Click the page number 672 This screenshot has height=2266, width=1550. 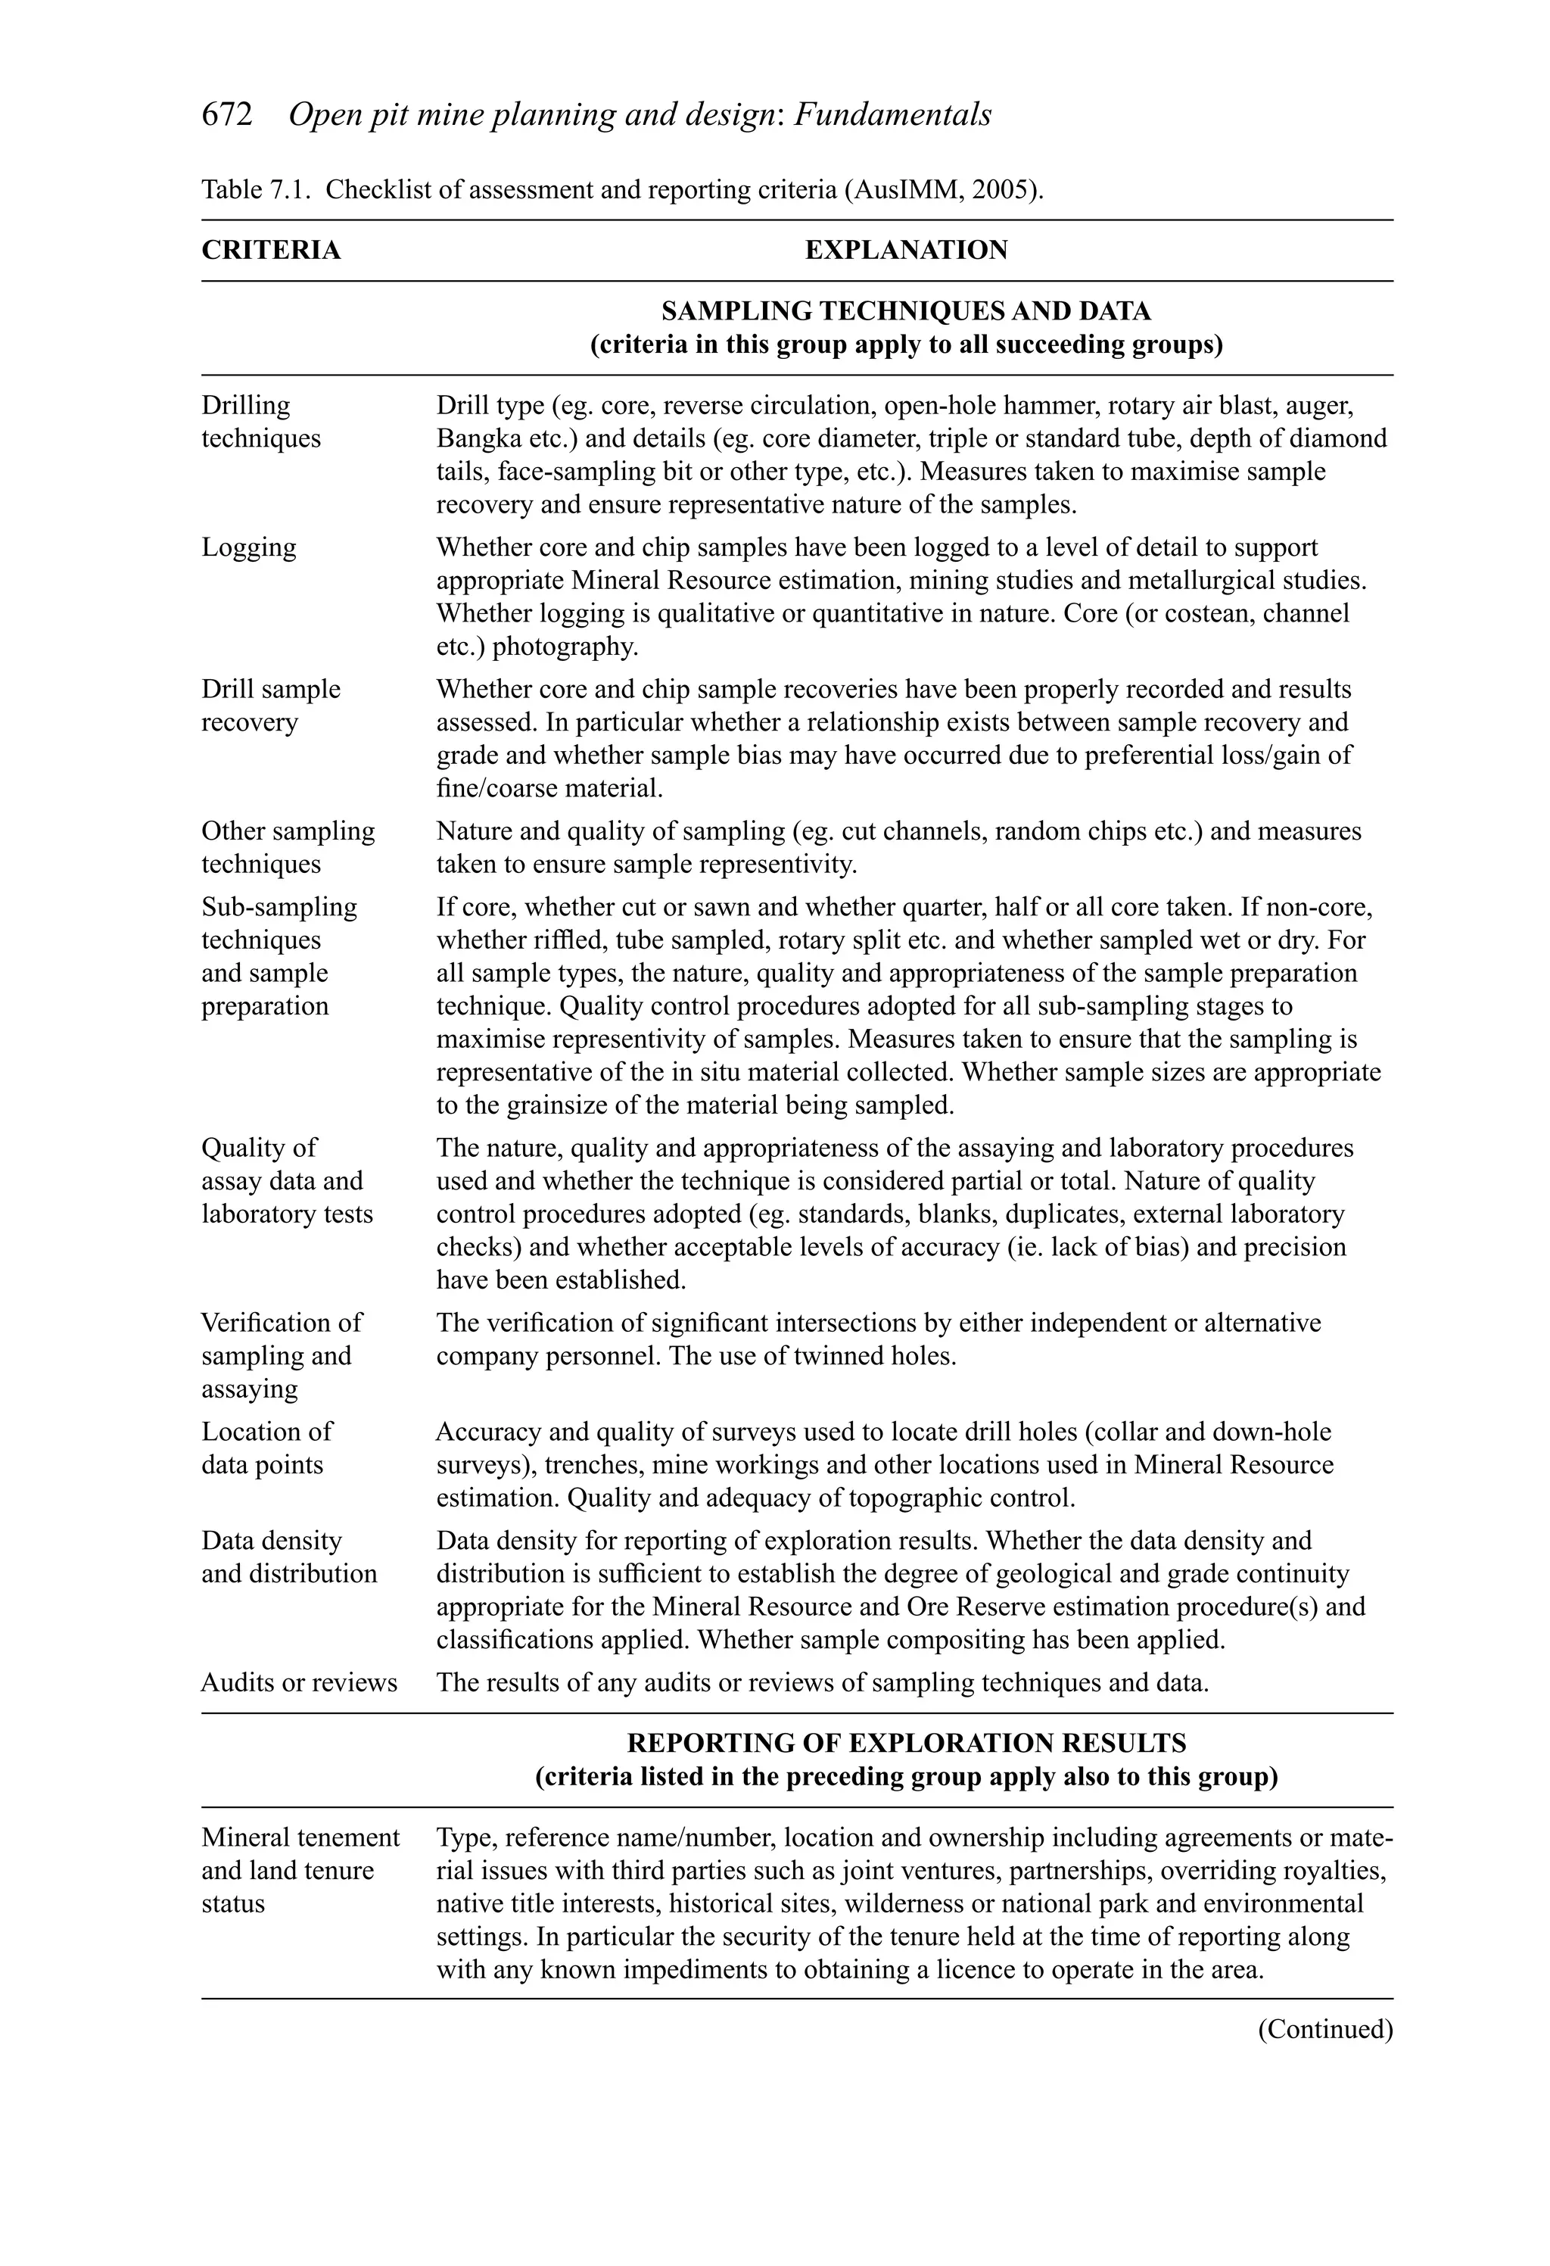tap(226, 115)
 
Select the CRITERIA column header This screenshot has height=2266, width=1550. tap(271, 251)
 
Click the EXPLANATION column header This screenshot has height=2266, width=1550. tap(906, 251)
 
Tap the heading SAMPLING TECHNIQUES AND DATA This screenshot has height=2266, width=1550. tap(906, 311)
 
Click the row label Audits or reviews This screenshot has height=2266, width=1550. tap(299, 1682)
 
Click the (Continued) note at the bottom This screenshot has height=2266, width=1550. tap(1324, 2029)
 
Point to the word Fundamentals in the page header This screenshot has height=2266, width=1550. tap(892, 115)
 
